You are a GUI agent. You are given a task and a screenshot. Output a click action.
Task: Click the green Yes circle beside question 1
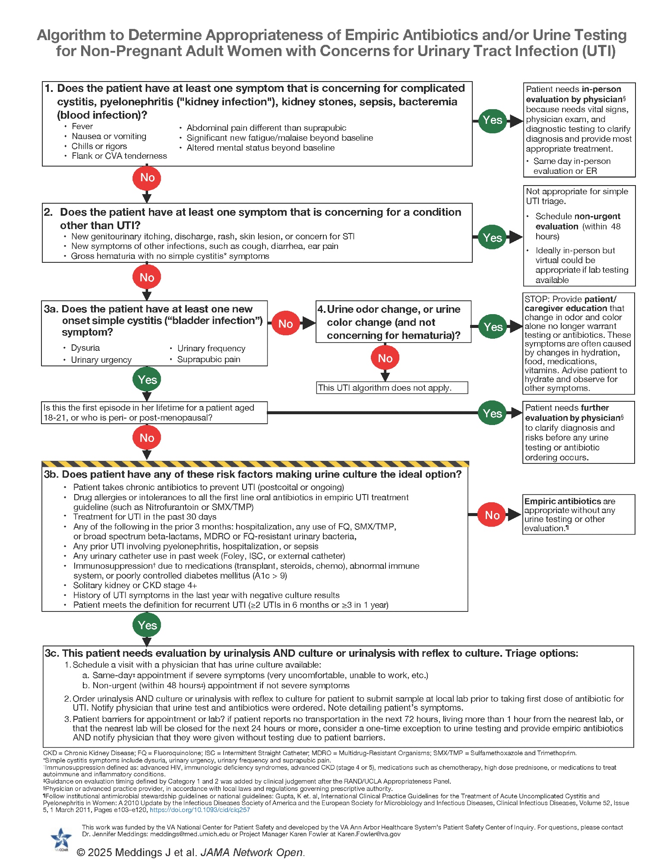492,120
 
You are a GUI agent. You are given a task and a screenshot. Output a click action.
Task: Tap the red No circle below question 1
147,178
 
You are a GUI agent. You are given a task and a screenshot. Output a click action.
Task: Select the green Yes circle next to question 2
492,238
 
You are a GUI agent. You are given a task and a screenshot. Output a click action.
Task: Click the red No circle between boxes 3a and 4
285,324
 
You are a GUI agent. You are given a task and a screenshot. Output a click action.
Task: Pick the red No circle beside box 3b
492,515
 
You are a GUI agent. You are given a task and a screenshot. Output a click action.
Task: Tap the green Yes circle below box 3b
147,625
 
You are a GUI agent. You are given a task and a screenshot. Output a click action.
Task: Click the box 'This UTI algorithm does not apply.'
392,387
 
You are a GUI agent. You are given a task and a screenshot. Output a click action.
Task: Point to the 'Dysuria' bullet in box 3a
85,348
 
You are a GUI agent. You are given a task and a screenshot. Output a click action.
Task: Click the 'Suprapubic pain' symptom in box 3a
209,359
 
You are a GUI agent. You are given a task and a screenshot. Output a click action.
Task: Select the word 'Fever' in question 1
82,126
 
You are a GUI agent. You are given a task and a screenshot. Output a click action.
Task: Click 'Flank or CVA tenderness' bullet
119,156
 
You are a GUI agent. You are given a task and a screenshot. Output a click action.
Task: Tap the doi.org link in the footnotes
200,810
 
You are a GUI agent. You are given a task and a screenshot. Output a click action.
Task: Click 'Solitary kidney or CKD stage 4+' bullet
135,585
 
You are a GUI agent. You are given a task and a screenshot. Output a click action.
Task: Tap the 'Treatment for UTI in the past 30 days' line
145,517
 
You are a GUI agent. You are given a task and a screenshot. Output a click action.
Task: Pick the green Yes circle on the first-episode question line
492,413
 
